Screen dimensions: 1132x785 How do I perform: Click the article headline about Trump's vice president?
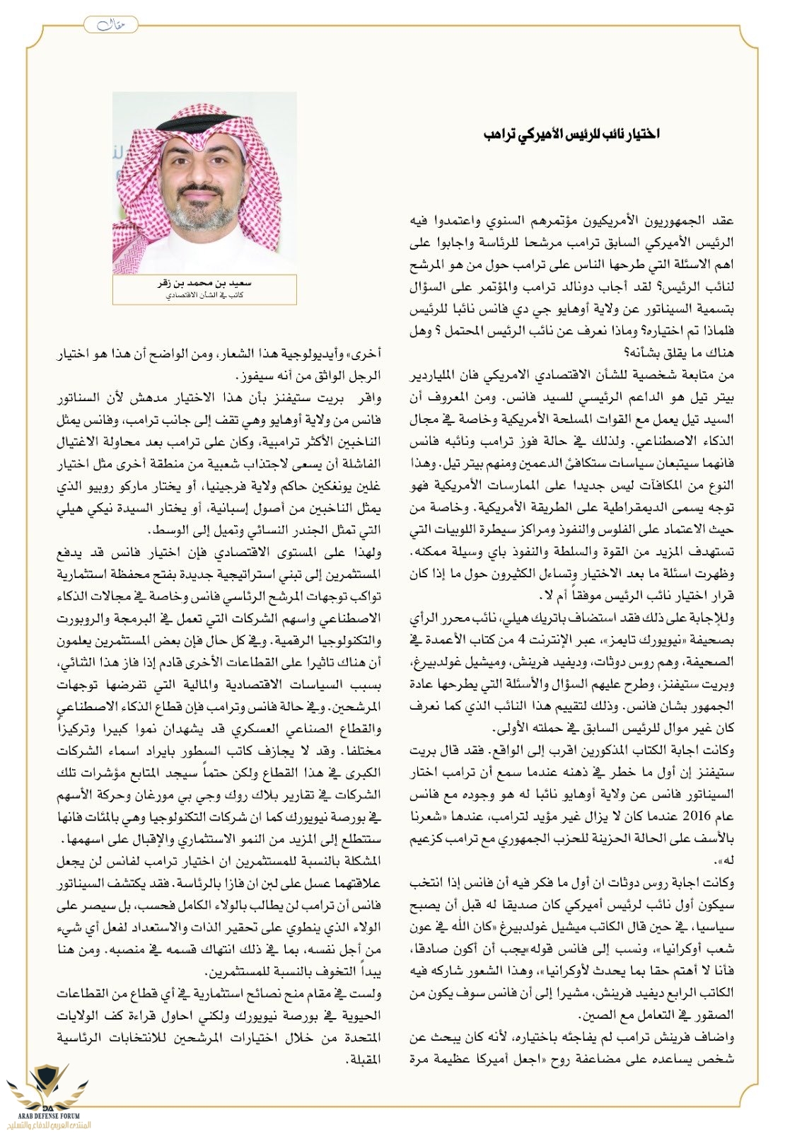pyautogui.click(x=572, y=134)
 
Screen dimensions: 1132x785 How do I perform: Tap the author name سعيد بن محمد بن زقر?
pyautogui.click(x=204, y=283)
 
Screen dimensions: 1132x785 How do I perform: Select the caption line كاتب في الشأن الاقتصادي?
pyautogui.click(x=204, y=294)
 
